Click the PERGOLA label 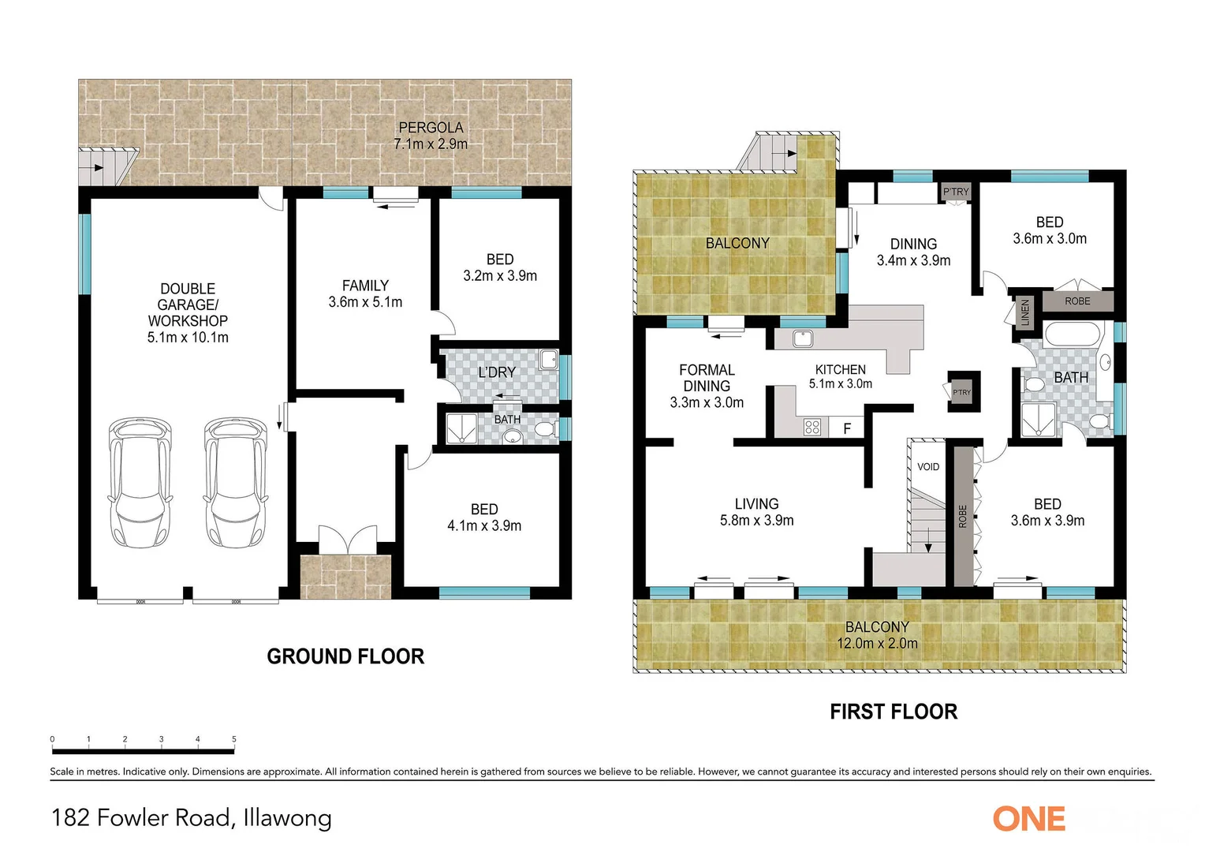pos(431,128)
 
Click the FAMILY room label pos(365,286)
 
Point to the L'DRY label pos(497,372)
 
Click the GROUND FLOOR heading pos(345,656)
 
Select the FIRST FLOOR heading pos(893,712)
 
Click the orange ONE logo pos(1029,819)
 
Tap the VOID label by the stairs pos(928,467)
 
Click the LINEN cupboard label pos(1025,312)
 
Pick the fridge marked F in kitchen pos(848,428)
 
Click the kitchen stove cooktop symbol pos(812,428)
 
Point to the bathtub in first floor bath pos(1071,334)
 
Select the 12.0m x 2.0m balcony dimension pos(877,644)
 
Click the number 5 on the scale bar pos(234,739)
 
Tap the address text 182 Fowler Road pos(142,818)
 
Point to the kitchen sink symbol pos(803,338)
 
